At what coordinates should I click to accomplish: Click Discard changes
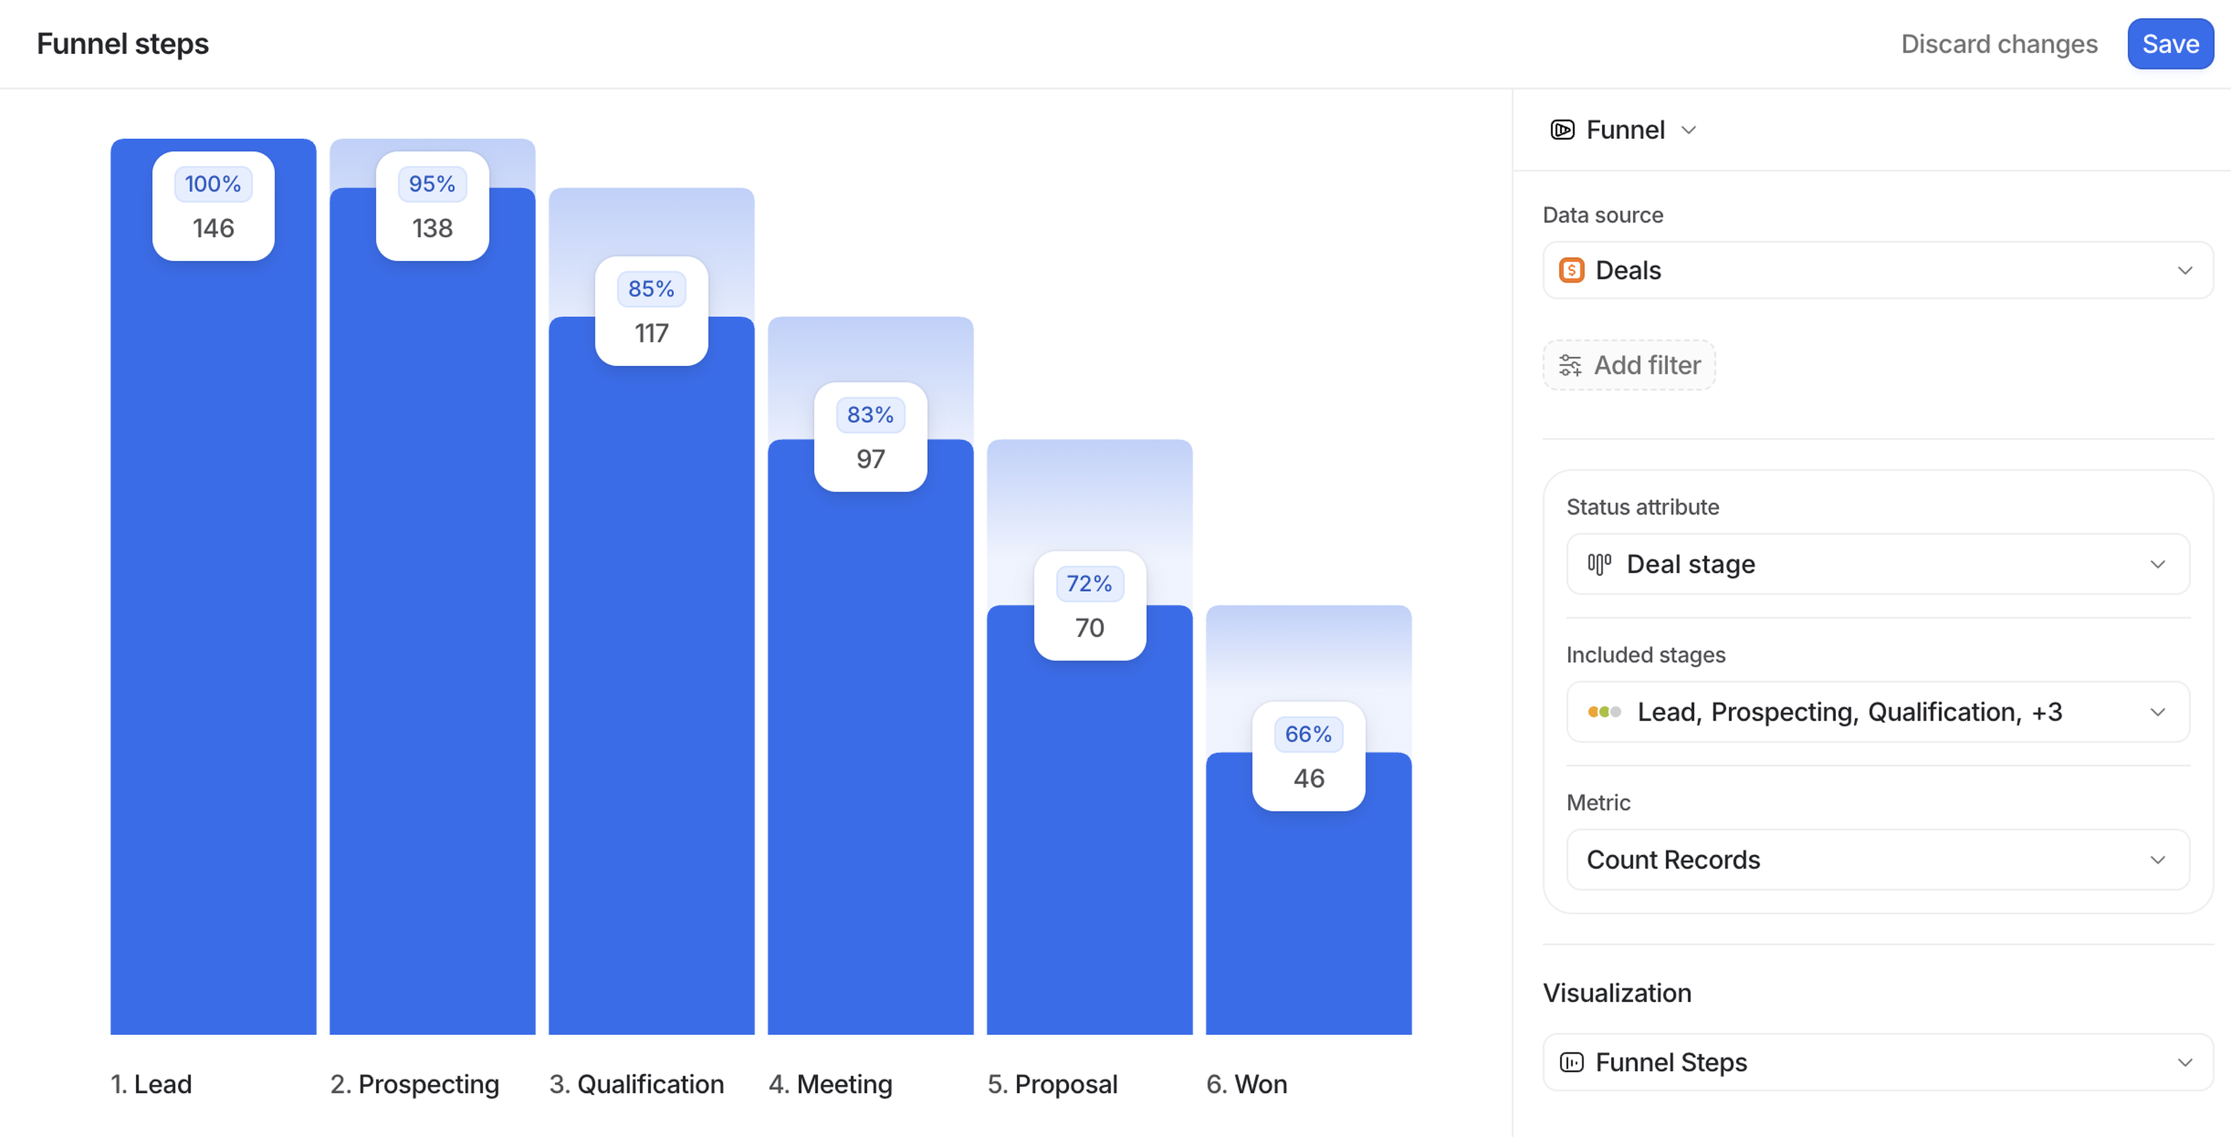[1998, 44]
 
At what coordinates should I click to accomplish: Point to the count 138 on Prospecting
[432, 229]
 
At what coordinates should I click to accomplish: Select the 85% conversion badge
[651, 289]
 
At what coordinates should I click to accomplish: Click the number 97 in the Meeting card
[870, 459]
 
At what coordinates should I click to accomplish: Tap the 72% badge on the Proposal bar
[1089, 584]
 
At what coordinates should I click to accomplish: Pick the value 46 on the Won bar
[1308, 779]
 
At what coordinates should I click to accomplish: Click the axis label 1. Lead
[152, 1084]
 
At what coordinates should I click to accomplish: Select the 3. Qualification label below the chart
[637, 1084]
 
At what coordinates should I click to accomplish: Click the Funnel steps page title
[123, 44]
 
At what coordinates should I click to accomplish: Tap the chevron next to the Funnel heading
[1688, 131]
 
